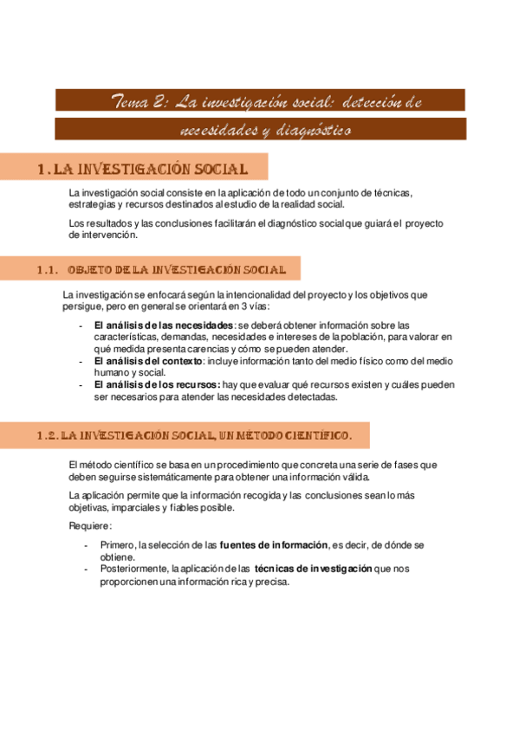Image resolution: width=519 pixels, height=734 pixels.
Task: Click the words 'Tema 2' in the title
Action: (140, 102)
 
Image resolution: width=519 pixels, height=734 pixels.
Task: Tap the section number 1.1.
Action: (49, 271)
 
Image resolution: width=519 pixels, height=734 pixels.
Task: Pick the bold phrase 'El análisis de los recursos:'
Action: (157, 385)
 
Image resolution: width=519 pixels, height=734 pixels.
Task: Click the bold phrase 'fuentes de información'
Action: (275, 544)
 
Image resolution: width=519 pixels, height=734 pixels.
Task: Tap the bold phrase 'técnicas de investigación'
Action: (313, 569)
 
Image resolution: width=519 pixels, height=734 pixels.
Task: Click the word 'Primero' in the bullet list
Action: (118, 544)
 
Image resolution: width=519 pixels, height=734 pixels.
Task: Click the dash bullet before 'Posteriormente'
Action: (84, 569)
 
